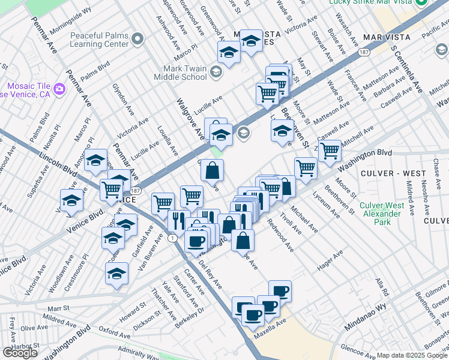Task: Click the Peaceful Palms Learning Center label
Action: tap(99, 40)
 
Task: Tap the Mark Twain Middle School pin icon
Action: tap(216, 73)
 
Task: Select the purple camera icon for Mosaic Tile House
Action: tap(59, 89)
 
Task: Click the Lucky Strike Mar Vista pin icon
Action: tap(422, 3)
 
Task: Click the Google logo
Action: tap(20, 353)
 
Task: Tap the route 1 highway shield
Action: tap(172, 238)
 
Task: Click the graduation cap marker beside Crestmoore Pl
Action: tap(116, 274)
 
